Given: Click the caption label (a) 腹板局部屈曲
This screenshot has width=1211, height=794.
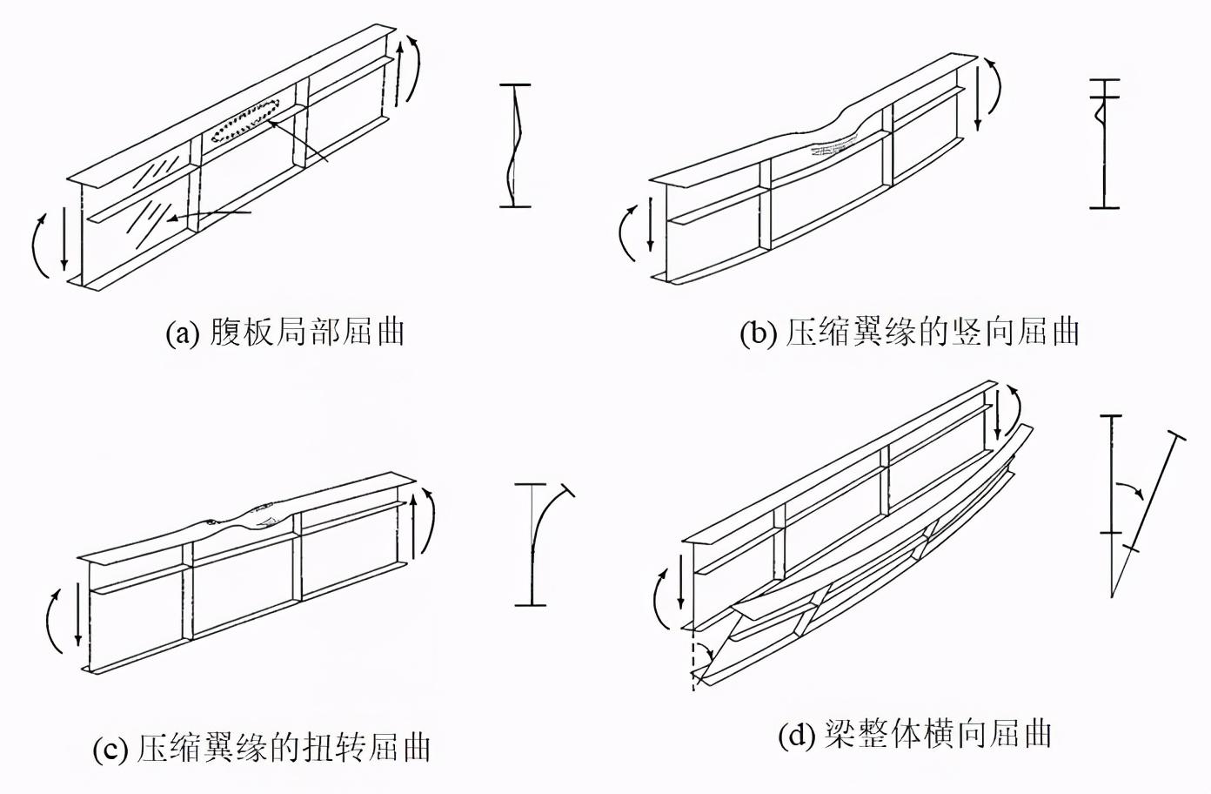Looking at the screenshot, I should (285, 333).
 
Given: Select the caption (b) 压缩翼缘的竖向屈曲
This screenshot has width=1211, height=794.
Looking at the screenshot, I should (910, 333).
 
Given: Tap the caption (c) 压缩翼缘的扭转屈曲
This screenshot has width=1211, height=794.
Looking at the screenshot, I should (262, 748).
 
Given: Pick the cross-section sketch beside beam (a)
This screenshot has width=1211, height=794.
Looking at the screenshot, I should (516, 145).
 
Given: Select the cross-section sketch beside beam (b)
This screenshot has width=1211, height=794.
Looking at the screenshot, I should (1103, 144).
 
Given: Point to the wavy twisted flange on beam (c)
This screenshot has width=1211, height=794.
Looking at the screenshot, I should (244, 520).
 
